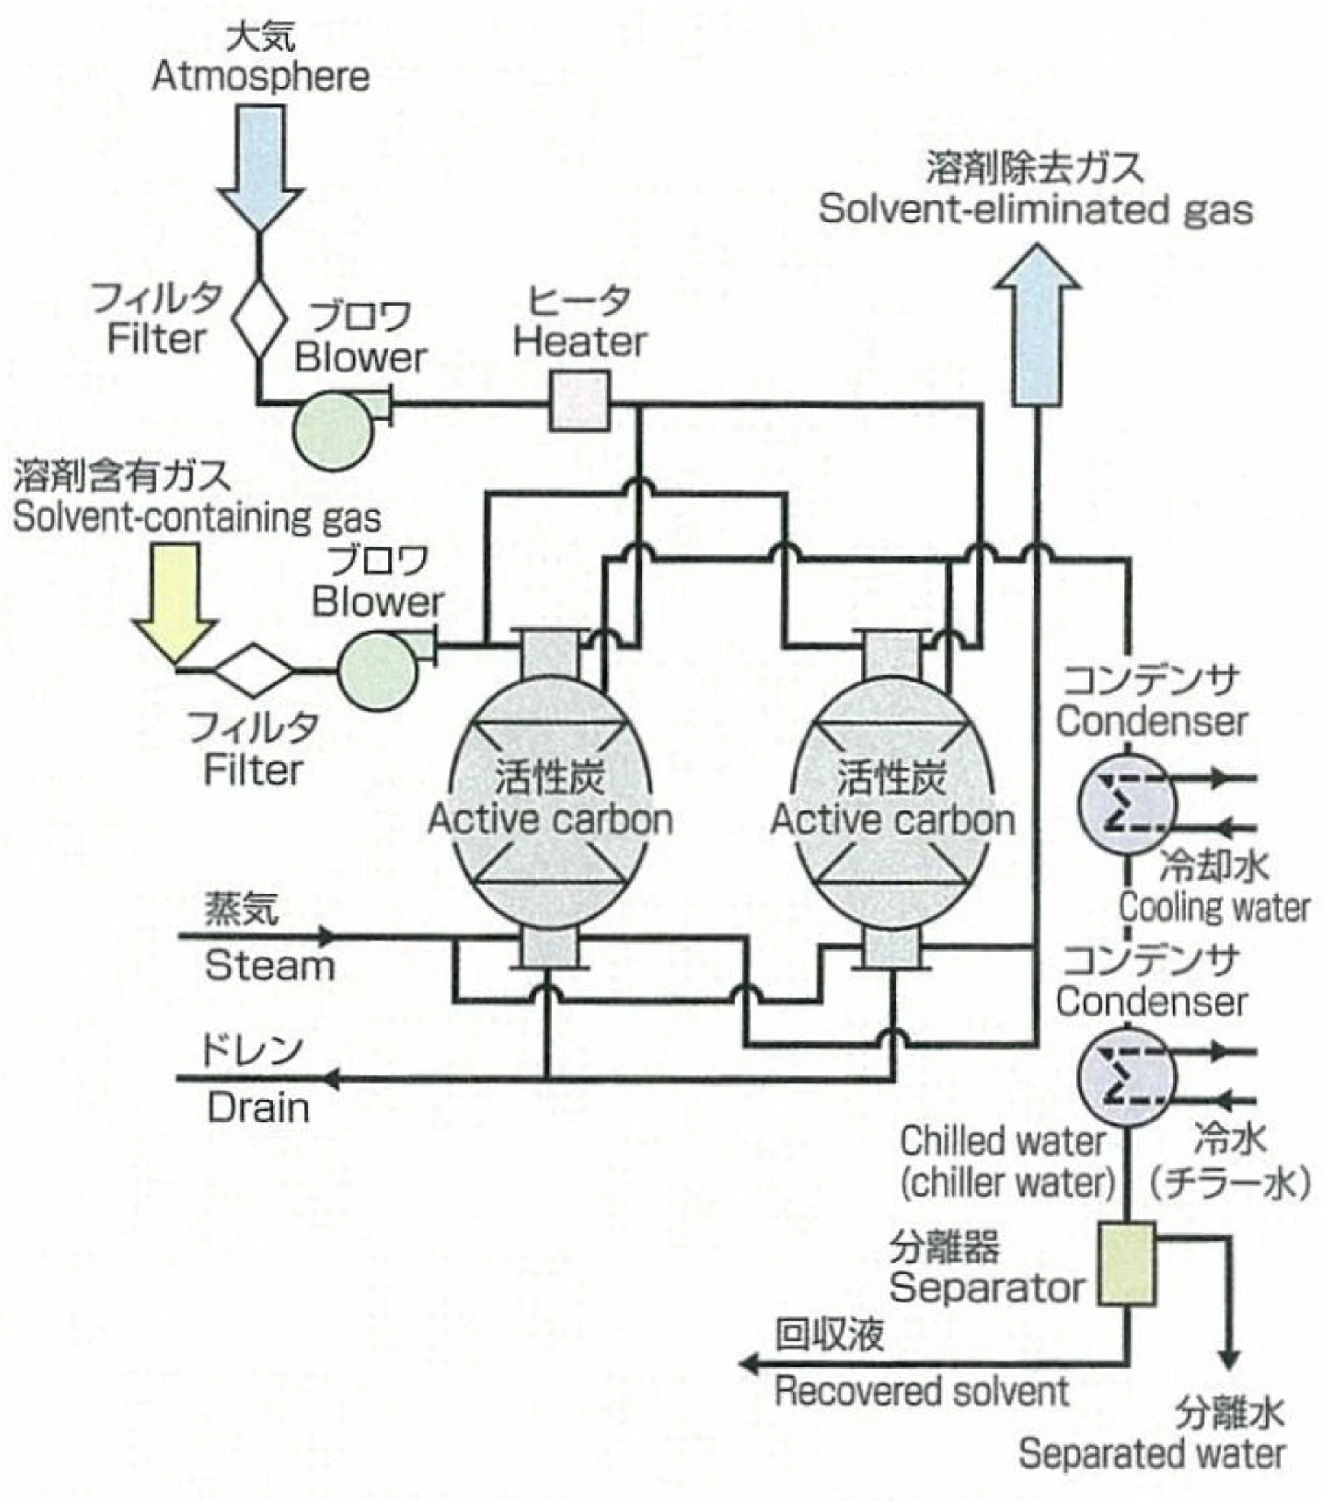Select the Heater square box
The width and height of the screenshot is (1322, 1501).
[x=580, y=401]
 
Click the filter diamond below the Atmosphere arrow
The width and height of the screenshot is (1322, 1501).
[x=260, y=318]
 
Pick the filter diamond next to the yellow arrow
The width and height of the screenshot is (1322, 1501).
[x=253, y=670]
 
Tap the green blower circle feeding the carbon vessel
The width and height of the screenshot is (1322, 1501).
[x=377, y=672]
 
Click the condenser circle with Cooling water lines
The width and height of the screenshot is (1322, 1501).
[x=1126, y=804]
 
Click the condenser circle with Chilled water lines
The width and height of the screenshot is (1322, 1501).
[x=1126, y=1078]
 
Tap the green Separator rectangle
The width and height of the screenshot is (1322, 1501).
[x=1126, y=1265]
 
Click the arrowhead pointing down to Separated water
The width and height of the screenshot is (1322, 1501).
[x=1230, y=1358]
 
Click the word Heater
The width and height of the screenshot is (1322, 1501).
[x=580, y=342]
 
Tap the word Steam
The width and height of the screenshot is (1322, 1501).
[x=269, y=965]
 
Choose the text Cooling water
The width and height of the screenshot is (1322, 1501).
[x=1214, y=907]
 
